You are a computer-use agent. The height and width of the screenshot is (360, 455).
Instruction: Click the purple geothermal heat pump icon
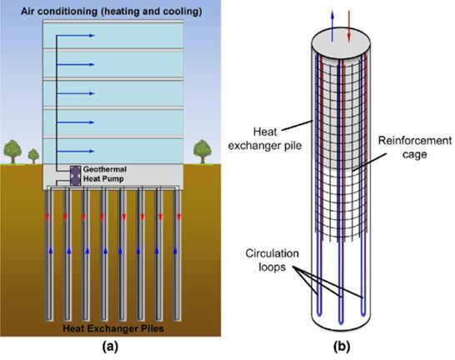[x=76, y=176]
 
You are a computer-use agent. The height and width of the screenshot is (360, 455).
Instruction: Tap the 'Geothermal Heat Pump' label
[x=104, y=174]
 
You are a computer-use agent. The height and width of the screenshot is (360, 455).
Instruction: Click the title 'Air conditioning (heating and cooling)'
[x=112, y=12]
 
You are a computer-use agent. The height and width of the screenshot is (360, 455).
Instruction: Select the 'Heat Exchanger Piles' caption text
[x=113, y=328]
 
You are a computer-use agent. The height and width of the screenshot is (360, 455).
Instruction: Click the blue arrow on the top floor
[x=76, y=36]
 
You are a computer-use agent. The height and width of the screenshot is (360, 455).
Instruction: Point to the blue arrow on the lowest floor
[x=76, y=151]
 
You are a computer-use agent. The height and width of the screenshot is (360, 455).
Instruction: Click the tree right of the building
[x=202, y=152]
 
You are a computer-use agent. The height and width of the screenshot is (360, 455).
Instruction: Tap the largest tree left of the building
[x=12, y=152]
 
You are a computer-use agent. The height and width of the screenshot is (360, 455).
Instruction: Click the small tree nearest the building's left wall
[x=33, y=156]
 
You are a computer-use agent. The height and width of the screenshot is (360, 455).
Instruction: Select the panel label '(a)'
[x=111, y=347]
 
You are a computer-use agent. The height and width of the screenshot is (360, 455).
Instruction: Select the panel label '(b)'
[x=342, y=347]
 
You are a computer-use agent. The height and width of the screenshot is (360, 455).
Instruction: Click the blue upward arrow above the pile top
[x=332, y=26]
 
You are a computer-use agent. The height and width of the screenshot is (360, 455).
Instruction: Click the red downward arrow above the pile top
[x=349, y=26]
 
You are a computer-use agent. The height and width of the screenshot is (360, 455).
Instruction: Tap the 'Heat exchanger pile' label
[x=265, y=138]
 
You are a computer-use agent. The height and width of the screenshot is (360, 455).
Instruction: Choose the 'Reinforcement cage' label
[x=415, y=147]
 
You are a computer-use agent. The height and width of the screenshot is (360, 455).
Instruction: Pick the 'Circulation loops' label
[x=272, y=260]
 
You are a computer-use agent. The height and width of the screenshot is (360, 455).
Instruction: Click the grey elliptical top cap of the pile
[x=341, y=44]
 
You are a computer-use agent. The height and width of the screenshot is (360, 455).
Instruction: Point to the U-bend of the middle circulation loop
[x=341, y=322]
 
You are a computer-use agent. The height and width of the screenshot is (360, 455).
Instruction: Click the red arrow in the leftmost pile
[x=47, y=217]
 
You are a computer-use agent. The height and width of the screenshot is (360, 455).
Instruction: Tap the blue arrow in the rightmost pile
[x=175, y=250]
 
